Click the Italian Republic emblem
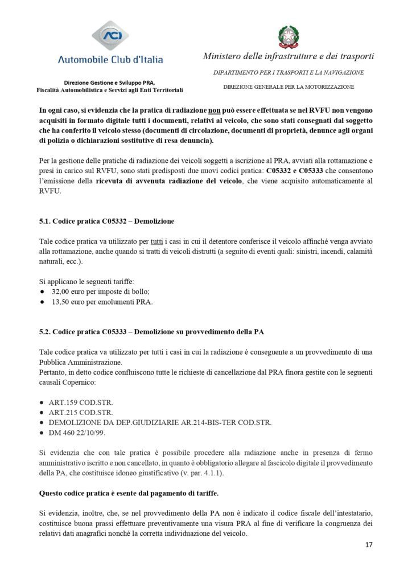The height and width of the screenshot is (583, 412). pyautogui.click(x=289, y=35)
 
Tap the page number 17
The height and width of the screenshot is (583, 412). pyautogui.click(x=369, y=545)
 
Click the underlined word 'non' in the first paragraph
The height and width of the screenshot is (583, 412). pyautogui.click(x=197, y=109)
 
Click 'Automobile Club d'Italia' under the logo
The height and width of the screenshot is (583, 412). pyautogui.click(x=110, y=59)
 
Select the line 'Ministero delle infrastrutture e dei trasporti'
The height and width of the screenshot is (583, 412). pyautogui.click(x=289, y=56)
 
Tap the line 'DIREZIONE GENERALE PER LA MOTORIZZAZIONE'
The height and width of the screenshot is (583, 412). pyautogui.click(x=289, y=87)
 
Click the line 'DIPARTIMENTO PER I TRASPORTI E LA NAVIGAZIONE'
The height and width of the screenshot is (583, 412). pyautogui.click(x=289, y=72)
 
